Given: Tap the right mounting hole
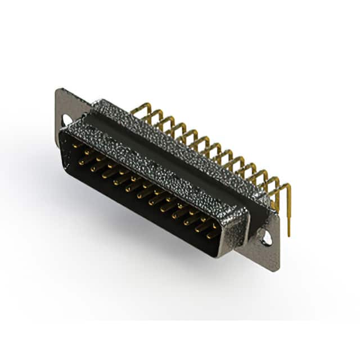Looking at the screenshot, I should click(266, 238).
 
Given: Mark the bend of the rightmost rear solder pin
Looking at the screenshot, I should click(287, 186).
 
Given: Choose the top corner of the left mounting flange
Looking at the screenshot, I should click(58, 90).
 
